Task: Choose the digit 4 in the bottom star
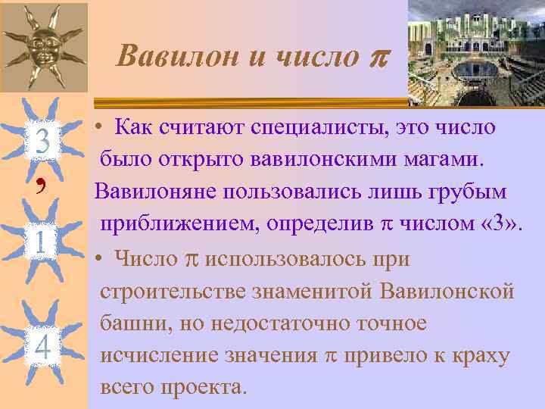pyautogui.click(x=43, y=347)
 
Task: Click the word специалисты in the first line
pyautogui.click(x=317, y=128)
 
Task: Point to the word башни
pyautogui.click(x=129, y=323)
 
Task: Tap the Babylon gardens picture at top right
pyautogui.click(x=476, y=52)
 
